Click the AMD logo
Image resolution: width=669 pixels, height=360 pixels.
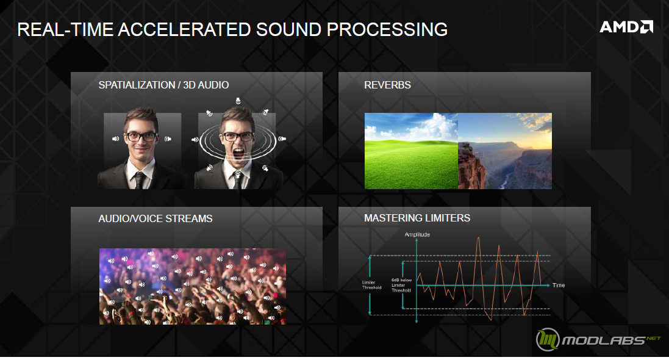[x=626, y=27]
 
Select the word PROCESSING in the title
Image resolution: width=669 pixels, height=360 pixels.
[x=387, y=29]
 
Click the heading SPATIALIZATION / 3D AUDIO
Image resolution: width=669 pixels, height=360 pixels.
[x=163, y=85]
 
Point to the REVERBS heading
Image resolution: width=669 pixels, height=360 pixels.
[x=387, y=85]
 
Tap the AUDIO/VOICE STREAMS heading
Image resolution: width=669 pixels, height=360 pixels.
[x=156, y=218]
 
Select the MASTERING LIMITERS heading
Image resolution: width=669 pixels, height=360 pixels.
[x=417, y=218]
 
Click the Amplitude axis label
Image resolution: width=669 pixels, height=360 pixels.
[x=417, y=234]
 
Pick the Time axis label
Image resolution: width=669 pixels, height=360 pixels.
[x=559, y=286]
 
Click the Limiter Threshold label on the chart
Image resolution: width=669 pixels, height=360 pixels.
[x=371, y=285]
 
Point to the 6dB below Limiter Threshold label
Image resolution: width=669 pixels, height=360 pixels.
[x=401, y=285]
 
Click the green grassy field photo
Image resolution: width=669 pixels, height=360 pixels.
[x=411, y=151]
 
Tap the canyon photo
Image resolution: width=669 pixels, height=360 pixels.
[x=505, y=151]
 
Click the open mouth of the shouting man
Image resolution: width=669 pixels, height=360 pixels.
[x=238, y=153]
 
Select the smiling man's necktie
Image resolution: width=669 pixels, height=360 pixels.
[x=140, y=180]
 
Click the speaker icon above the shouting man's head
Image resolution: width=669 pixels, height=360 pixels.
[x=238, y=101]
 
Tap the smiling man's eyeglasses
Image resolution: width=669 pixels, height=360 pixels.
[x=141, y=137]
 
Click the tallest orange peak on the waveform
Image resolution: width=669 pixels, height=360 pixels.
[x=478, y=238]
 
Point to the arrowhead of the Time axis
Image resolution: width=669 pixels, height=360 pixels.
[x=548, y=286]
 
